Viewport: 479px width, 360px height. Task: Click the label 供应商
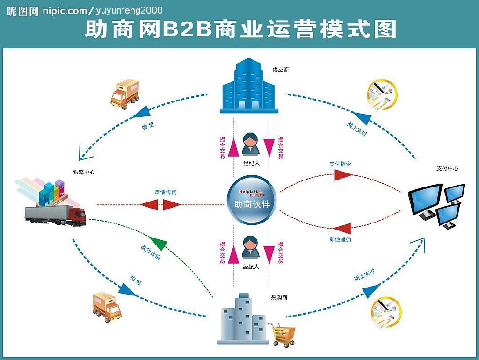pos(281,70)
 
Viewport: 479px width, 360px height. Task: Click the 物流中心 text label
pos(84,172)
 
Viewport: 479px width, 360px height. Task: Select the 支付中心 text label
pos(447,168)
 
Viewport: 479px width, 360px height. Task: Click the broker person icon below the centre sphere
pos(251,247)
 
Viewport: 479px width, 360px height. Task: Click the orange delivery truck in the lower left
pos(107,307)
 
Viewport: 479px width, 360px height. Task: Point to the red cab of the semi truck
pos(77,216)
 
